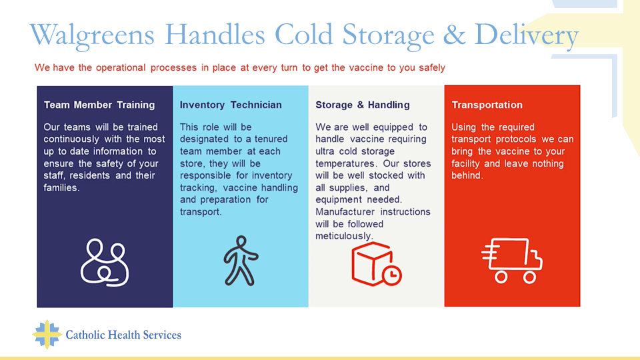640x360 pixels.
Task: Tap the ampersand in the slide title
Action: [x=454, y=34]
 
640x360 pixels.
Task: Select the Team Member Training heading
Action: [x=99, y=105]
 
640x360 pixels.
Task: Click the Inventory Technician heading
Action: [x=231, y=105]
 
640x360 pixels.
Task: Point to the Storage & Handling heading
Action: [x=363, y=105]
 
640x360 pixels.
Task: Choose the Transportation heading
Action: [x=487, y=105]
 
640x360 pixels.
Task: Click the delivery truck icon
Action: [x=512, y=261]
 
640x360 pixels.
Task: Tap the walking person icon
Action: [x=241, y=261]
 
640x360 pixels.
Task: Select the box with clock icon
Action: [x=376, y=264]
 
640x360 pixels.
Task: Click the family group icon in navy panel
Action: [x=105, y=263]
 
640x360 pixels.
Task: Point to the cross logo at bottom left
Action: [x=47, y=334]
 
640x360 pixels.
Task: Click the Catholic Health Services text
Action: [x=123, y=335]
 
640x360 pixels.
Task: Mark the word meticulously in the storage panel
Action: [x=344, y=236]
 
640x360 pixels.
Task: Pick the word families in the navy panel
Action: [x=61, y=188]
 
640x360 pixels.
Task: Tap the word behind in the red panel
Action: [x=467, y=175]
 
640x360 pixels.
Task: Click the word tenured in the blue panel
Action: [x=271, y=139]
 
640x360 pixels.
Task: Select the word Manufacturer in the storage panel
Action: [x=345, y=212]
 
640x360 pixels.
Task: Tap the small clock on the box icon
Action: [x=392, y=275]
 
